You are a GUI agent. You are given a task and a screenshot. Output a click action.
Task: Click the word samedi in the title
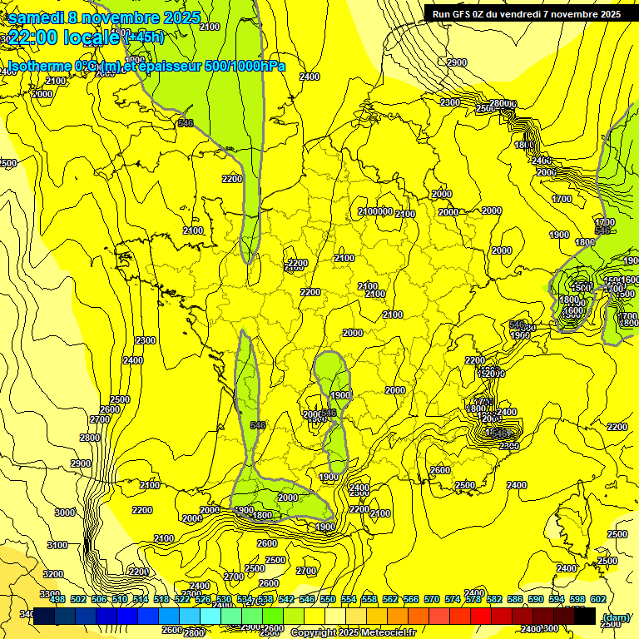[x=34, y=17]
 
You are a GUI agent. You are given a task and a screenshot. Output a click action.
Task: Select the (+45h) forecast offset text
[x=143, y=37]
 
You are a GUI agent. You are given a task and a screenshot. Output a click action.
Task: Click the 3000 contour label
[x=64, y=513]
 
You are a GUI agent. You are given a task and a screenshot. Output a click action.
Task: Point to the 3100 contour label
[x=57, y=545]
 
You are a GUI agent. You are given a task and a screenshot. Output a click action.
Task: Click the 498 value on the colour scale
[x=57, y=599]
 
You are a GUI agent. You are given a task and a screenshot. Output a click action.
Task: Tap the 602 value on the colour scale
[x=597, y=599]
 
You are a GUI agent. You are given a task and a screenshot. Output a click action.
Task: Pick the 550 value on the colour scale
[x=327, y=599]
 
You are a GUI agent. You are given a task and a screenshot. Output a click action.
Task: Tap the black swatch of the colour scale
[x=585, y=616]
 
